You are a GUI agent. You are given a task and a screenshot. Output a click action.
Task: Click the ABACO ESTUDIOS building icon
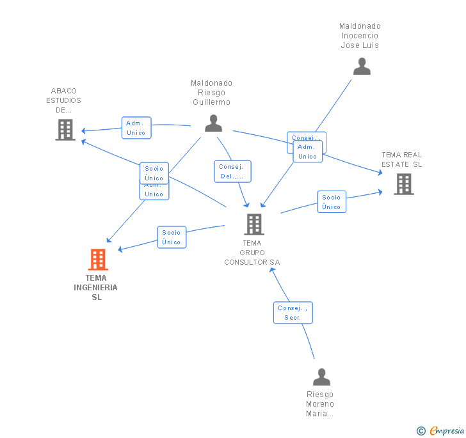point(65,130)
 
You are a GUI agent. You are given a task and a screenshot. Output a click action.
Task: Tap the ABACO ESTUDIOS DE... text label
point(64,100)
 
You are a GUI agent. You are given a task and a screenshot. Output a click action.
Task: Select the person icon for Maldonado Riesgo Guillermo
point(213,123)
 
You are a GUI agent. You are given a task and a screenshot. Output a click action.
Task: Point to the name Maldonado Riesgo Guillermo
point(211,93)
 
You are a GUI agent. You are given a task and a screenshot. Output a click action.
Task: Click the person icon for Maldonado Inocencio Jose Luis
point(362,66)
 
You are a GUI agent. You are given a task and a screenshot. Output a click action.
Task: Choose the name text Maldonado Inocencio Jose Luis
point(360,36)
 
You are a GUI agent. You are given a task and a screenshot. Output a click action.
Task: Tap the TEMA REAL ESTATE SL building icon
point(403,184)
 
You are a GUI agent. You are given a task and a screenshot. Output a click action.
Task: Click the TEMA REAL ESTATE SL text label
point(402,159)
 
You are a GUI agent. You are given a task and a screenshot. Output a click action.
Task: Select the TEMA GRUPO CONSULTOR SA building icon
point(254,224)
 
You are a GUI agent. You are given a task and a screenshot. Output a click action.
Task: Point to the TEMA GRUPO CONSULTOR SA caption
point(252,253)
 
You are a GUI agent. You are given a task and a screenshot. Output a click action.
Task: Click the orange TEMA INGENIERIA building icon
point(97,260)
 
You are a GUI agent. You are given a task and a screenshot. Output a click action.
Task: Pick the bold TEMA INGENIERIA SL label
point(96,287)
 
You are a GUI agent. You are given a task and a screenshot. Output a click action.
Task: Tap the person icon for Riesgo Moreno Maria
point(321,377)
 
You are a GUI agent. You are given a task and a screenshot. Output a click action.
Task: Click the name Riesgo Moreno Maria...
point(320,404)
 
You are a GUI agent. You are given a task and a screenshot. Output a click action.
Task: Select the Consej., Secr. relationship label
point(293,313)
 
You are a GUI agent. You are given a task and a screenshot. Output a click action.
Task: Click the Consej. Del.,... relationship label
point(232,171)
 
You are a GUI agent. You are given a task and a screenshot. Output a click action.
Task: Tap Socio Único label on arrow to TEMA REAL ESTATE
point(332,202)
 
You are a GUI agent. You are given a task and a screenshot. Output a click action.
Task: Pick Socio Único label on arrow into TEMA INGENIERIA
point(172,237)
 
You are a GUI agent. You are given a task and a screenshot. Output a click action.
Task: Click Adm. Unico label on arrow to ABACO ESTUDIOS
point(136,128)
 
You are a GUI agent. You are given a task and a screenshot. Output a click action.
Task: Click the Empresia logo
point(441,430)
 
